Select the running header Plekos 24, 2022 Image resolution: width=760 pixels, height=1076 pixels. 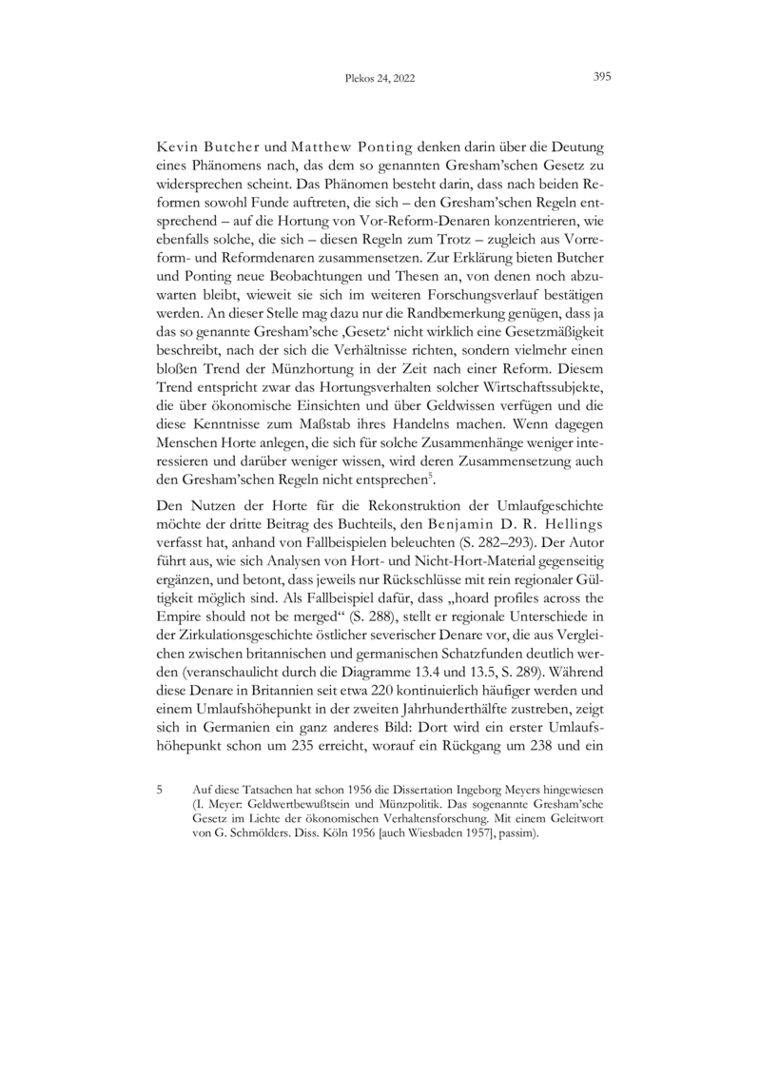(x=380, y=80)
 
